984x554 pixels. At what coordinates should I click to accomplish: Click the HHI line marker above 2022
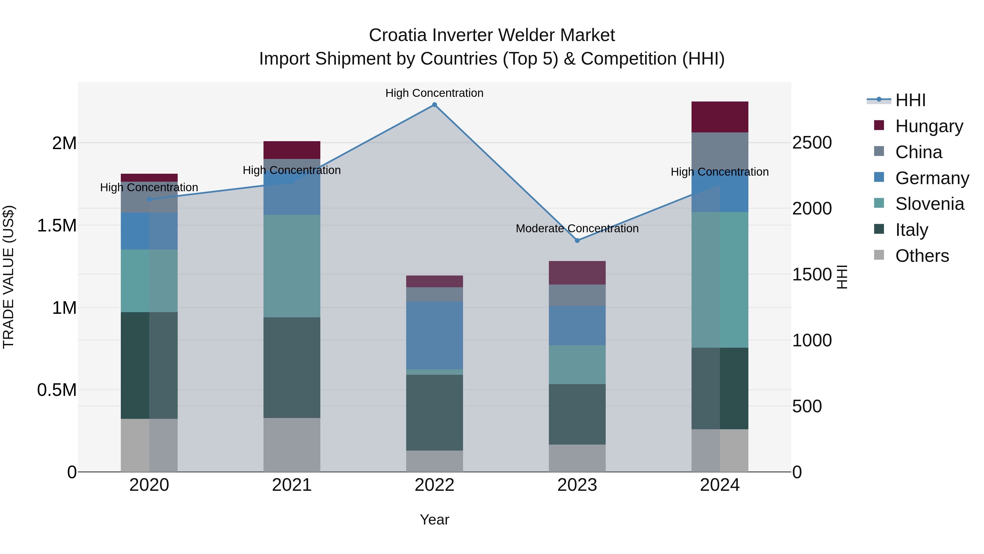pyautogui.click(x=434, y=105)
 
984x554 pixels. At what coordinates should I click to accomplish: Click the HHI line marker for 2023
pyautogui.click(x=577, y=240)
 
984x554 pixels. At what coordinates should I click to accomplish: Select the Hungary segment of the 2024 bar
pyautogui.click(x=720, y=117)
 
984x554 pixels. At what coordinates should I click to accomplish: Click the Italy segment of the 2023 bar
pyautogui.click(x=577, y=414)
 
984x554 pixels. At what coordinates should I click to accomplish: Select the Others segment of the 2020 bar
pyautogui.click(x=149, y=445)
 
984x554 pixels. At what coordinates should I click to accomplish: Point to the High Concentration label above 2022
pyautogui.click(x=434, y=93)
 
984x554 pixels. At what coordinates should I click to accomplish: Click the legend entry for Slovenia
pyautogui.click(x=929, y=204)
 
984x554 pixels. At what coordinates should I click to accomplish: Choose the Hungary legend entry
pyautogui.click(x=929, y=126)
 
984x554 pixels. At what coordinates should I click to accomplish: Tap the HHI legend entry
pyautogui.click(x=910, y=100)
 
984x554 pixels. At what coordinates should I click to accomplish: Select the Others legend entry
pyautogui.click(x=922, y=256)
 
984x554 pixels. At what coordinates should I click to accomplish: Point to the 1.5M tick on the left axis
pyautogui.click(x=57, y=226)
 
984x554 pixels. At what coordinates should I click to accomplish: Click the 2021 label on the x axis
pyautogui.click(x=292, y=485)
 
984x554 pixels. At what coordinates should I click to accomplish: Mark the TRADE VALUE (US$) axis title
pyautogui.click(x=8, y=277)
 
